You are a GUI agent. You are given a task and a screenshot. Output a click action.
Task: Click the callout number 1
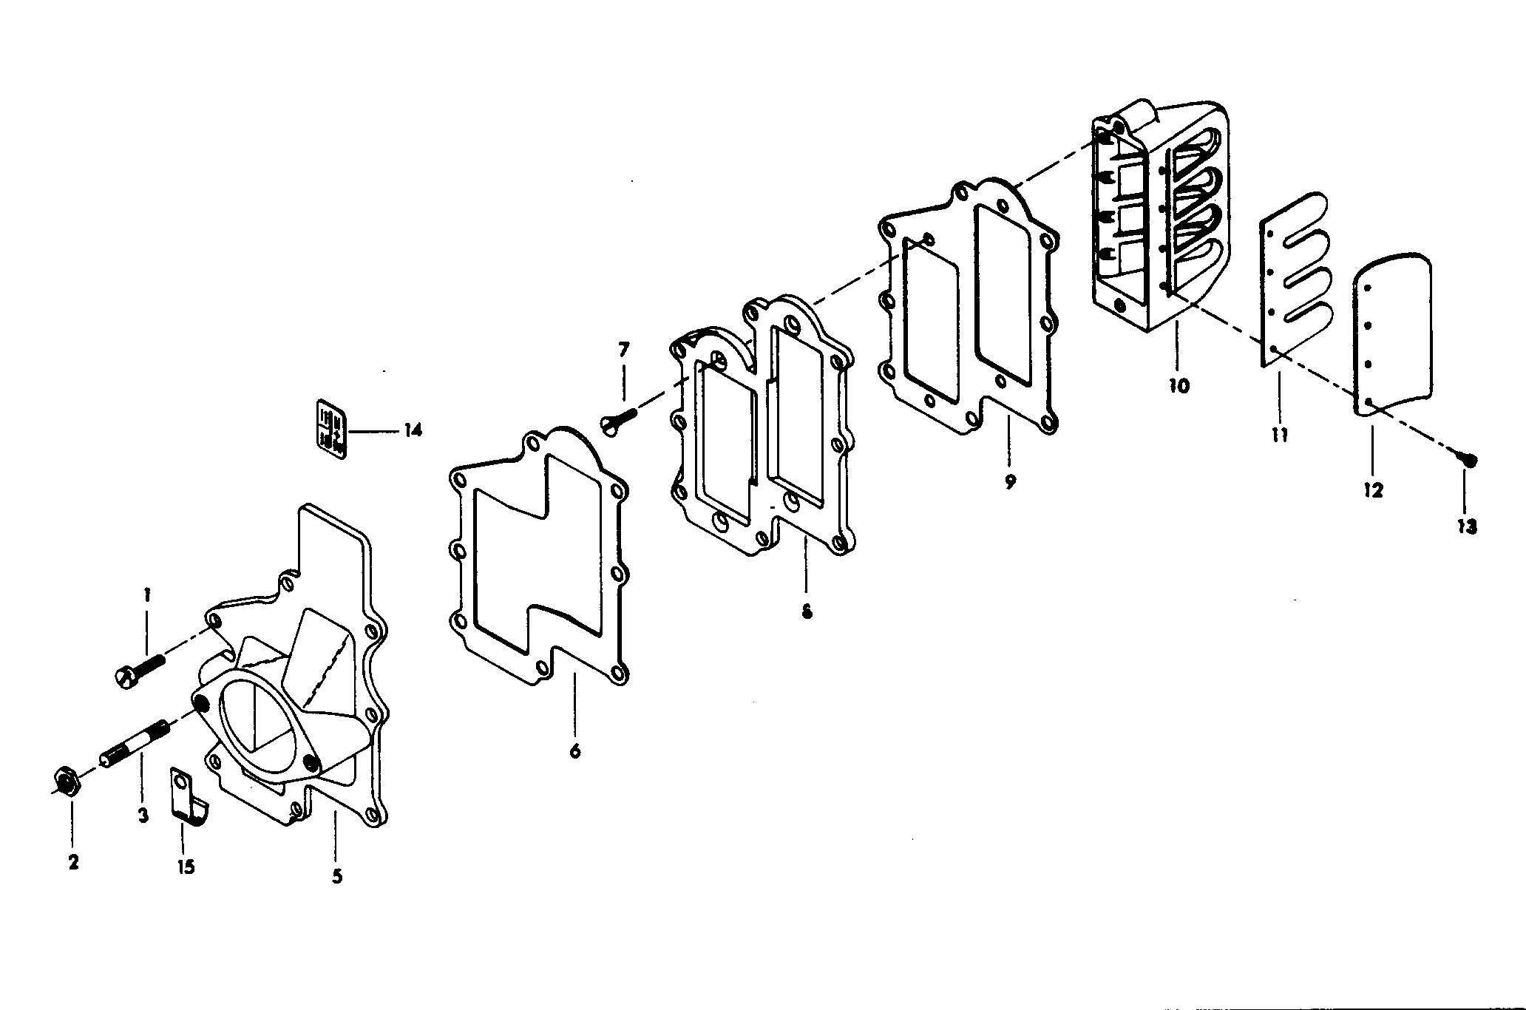coord(147,594)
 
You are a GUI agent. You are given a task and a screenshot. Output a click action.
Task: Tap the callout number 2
coord(73,862)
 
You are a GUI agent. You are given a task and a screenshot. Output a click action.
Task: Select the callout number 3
coord(143,815)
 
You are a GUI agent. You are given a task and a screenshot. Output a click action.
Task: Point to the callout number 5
coord(337,877)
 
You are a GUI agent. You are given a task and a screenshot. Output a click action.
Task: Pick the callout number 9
coord(1010,481)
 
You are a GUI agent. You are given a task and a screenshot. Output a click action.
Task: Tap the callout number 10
coord(1179,385)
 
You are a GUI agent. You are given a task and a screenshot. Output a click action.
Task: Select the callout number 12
coord(1373,489)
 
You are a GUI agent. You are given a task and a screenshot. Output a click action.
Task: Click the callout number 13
coord(1467,526)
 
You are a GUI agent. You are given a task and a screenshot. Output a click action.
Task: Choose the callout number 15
coord(186,866)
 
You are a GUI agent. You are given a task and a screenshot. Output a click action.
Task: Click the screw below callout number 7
coord(617,424)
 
